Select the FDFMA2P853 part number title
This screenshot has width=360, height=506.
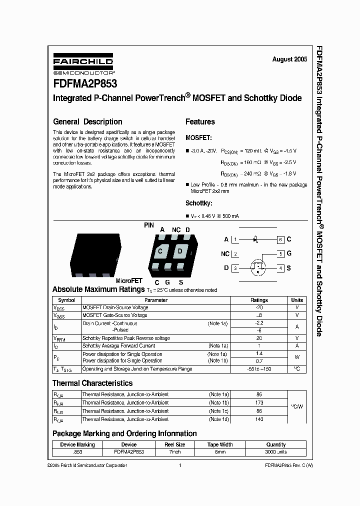[85, 84]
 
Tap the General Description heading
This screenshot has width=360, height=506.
[87, 121]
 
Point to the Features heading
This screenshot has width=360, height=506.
[200, 121]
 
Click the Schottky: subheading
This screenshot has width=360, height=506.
[199, 203]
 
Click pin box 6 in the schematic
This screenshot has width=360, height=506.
[281, 239]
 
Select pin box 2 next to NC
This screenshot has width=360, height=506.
[235, 254]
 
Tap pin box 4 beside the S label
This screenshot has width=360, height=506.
[281, 268]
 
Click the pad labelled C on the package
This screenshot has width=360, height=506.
[160, 251]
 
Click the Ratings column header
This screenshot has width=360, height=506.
[259, 300]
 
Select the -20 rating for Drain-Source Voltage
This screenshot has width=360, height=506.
[259, 307]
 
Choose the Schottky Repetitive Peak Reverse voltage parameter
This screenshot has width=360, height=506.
[126, 338]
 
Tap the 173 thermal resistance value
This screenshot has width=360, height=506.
[259, 402]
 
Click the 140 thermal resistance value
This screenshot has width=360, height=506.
[259, 419]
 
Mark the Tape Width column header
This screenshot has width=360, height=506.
[220, 444]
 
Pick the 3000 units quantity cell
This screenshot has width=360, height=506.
[276, 451]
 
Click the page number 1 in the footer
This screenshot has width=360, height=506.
[179, 465]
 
